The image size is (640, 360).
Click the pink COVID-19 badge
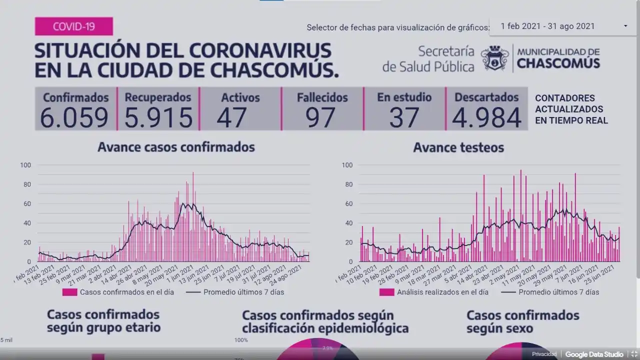(73, 26)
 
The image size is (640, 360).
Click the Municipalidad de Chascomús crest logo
(494, 58)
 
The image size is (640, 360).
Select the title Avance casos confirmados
(176, 147)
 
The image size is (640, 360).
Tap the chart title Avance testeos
(458, 147)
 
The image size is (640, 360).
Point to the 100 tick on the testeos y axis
(347, 165)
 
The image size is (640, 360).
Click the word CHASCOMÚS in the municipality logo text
(558, 63)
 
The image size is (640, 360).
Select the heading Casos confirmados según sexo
(522, 322)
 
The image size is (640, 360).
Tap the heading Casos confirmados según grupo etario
(103, 321)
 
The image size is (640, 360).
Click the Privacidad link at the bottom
(544, 354)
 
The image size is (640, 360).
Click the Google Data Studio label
(594, 354)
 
